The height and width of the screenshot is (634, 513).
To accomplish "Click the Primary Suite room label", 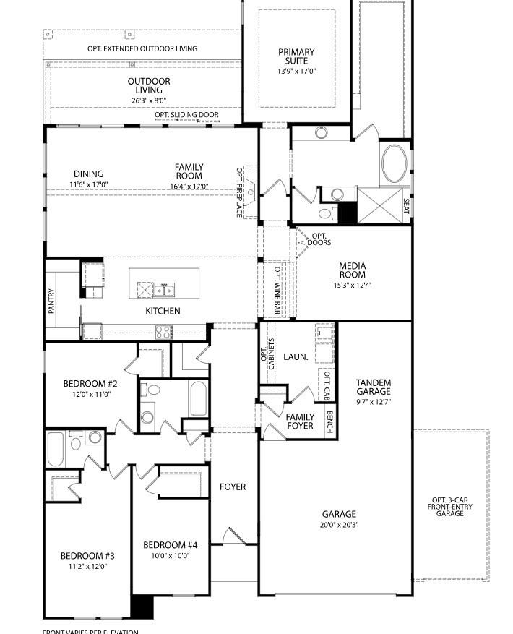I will coord(296,56).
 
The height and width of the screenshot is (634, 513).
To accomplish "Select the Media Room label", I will coord(353,270).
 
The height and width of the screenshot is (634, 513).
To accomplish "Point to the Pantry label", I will coord(51,301).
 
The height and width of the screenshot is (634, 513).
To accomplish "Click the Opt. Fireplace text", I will coord(240,192).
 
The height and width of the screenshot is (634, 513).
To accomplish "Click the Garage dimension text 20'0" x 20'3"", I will coord(339,525).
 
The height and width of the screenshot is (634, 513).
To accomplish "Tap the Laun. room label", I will coord(296,356).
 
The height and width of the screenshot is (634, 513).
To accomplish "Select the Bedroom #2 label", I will coord(90,384).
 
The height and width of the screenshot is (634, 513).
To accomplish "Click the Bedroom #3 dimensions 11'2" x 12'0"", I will coord(87,567).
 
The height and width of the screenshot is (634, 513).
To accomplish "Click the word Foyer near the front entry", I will coord(233,487).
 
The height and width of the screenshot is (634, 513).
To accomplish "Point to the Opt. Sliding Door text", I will coord(186,115).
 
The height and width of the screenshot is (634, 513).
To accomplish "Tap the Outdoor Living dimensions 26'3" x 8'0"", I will coord(149,100).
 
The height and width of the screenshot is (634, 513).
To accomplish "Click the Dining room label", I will coord(88,174).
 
